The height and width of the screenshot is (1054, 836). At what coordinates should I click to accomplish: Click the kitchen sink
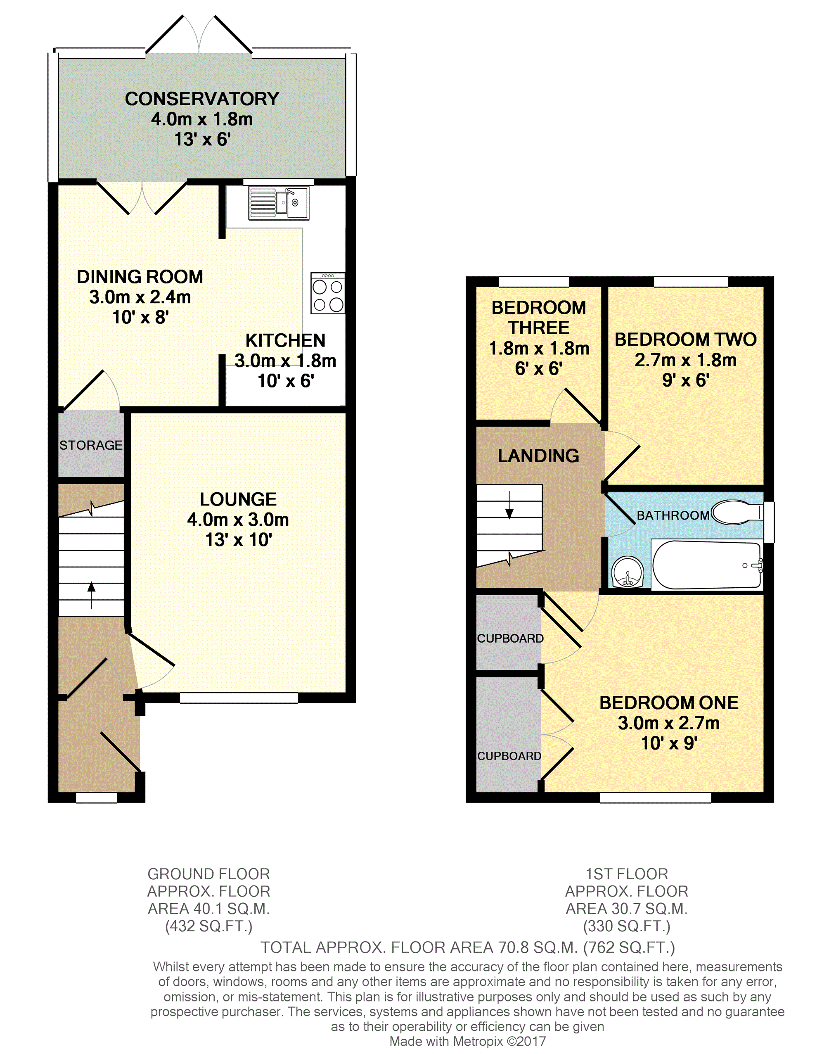(279, 203)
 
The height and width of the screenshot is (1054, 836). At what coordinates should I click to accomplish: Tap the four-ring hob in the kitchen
(328, 293)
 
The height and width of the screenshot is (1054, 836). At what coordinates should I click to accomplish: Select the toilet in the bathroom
(737, 512)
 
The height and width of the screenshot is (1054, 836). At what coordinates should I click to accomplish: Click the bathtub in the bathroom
(706, 565)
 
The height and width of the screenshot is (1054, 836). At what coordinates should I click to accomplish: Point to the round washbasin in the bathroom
(628, 572)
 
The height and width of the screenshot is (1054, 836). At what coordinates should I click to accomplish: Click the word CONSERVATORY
(202, 99)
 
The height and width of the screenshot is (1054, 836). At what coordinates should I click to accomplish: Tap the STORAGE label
(91, 445)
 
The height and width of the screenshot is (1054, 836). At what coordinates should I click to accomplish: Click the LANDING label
(538, 456)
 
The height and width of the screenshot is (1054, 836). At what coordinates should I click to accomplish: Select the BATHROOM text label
(673, 515)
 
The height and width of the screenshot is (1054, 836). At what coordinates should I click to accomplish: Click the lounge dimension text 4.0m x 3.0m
(238, 519)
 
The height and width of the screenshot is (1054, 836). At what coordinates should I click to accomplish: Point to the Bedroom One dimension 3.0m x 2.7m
(668, 722)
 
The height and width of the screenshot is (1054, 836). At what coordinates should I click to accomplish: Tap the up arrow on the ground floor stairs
(91, 595)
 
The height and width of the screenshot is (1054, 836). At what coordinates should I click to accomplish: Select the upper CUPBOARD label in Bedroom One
(510, 639)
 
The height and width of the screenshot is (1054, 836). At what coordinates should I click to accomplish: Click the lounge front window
(239, 698)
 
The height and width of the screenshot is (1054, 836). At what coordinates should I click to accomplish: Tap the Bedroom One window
(655, 798)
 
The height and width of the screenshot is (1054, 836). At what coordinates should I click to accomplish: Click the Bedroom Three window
(534, 282)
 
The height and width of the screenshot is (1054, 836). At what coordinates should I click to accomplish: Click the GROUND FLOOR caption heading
(208, 874)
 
